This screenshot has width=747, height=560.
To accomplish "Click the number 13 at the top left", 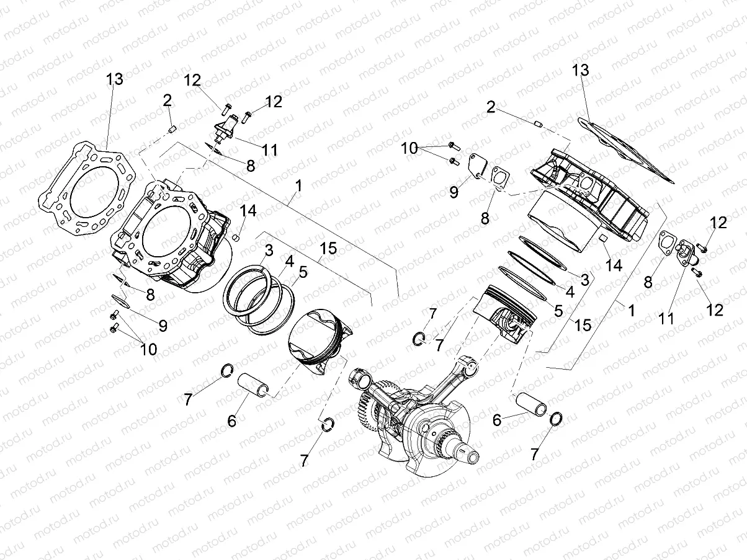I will click(115, 79).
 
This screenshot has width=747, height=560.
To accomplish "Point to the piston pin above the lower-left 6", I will click(254, 383).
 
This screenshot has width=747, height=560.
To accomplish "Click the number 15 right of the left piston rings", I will click(328, 249).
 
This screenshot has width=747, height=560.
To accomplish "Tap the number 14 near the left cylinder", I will click(248, 211).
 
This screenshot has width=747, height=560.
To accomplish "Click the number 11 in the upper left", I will click(269, 149).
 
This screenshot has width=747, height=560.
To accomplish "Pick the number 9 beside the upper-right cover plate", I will click(454, 192).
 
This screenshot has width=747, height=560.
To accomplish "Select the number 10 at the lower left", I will click(148, 349).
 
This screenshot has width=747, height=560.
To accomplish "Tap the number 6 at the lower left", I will click(231, 420).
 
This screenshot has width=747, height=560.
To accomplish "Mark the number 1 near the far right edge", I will click(632, 309).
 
